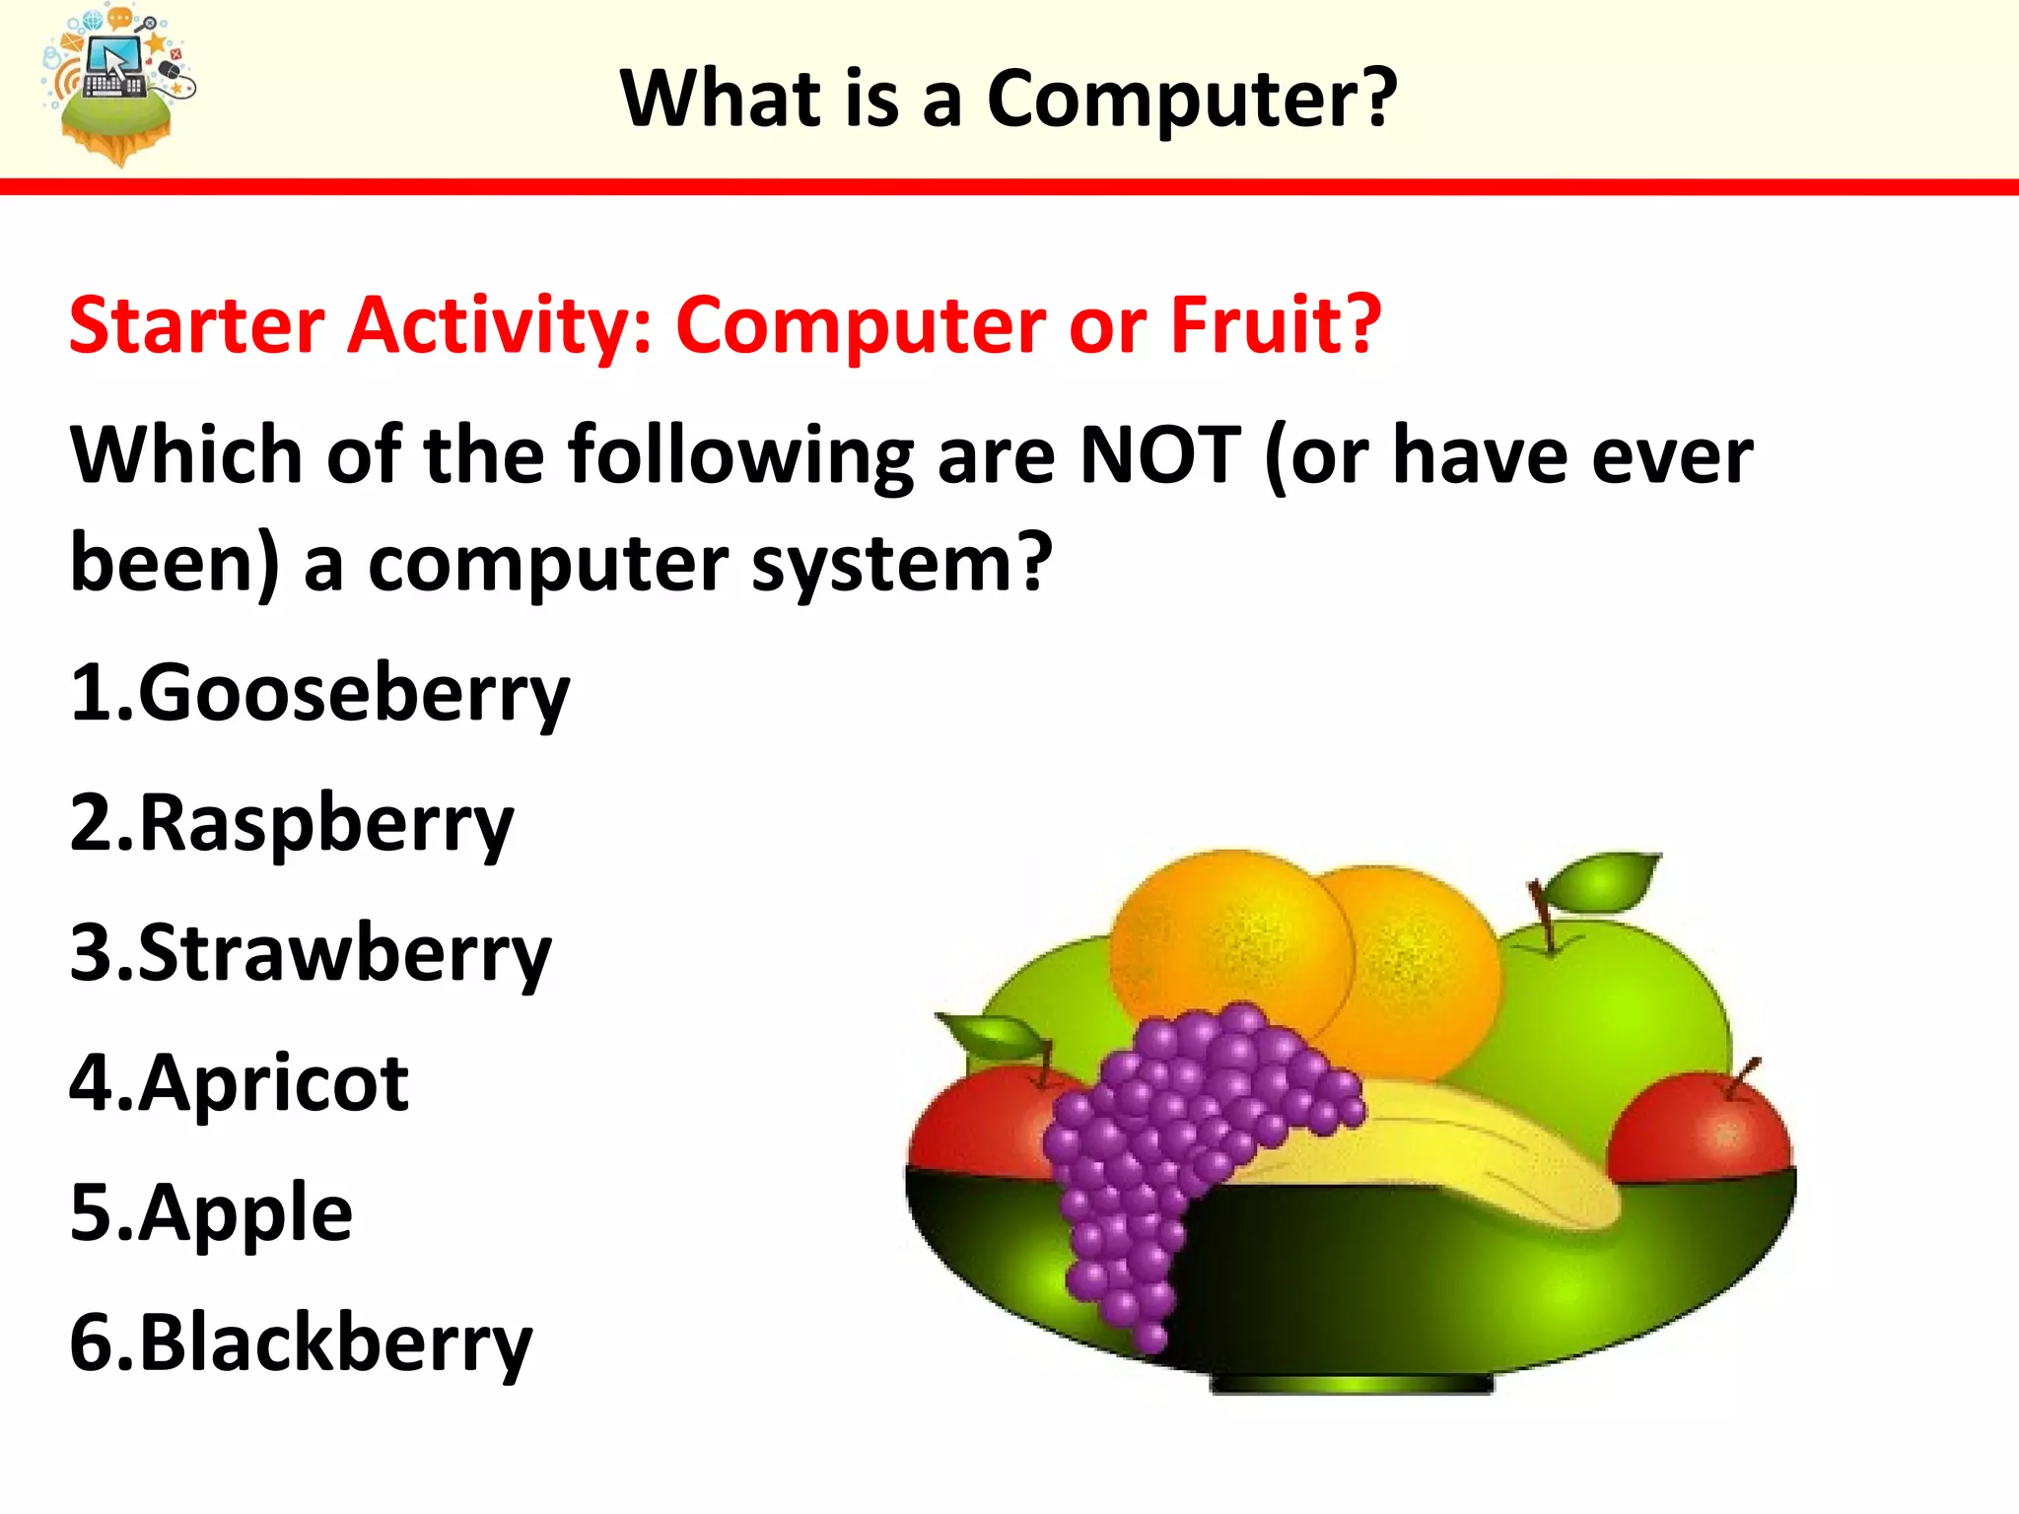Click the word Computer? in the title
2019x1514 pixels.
(1191, 99)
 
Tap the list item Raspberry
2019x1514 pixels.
(292, 824)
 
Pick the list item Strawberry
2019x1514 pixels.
(311, 954)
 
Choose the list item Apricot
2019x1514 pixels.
(240, 1083)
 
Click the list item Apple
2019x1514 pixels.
(211, 1213)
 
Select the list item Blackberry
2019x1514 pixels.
(301, 1343)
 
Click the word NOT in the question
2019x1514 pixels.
(1160, 455)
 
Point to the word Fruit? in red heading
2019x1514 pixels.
(1276, 324)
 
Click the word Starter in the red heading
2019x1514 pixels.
(197, 324)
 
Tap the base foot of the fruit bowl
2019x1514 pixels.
(1351, 1385)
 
